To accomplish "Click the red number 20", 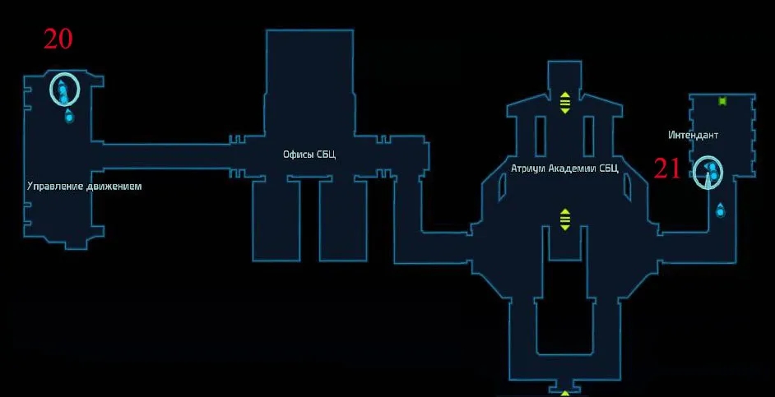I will coord(58,39).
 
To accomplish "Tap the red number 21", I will coord(667,169).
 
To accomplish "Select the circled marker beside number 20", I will coord(63,89).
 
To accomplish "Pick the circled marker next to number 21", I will coord(708,173).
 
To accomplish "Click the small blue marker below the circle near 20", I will coord(69,117).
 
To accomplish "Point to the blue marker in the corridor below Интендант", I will coord(721,210).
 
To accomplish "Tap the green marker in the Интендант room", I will coord(723,101).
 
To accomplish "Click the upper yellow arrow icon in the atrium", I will coord(565,102).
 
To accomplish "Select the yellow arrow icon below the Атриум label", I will coord(565,219).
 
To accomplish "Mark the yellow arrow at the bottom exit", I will coord(565,394).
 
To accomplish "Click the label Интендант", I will coord(694,135).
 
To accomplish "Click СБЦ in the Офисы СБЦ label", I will coord(327,155).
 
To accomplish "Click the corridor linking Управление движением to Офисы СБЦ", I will coord(165,155).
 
